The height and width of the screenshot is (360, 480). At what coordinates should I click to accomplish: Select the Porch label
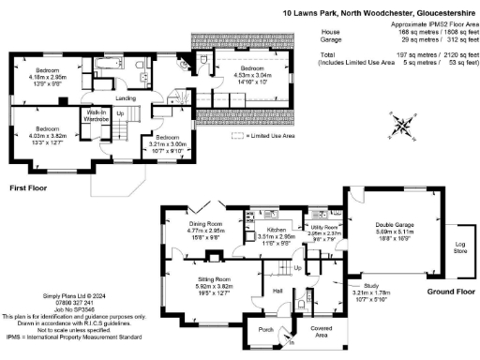click(x=265, y=329)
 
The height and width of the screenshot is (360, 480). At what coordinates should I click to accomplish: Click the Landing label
click(x=126, y=97)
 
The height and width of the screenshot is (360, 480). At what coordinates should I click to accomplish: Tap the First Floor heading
click(x=29, y=188)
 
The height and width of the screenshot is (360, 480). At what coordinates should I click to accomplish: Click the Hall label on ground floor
click(x=277, y=291)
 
